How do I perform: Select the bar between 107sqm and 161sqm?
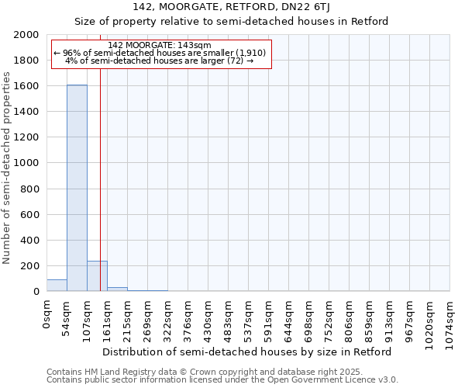pos(97,276)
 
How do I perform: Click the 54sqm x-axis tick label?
pos(67,315)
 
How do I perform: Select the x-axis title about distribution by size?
pos(247,352)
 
